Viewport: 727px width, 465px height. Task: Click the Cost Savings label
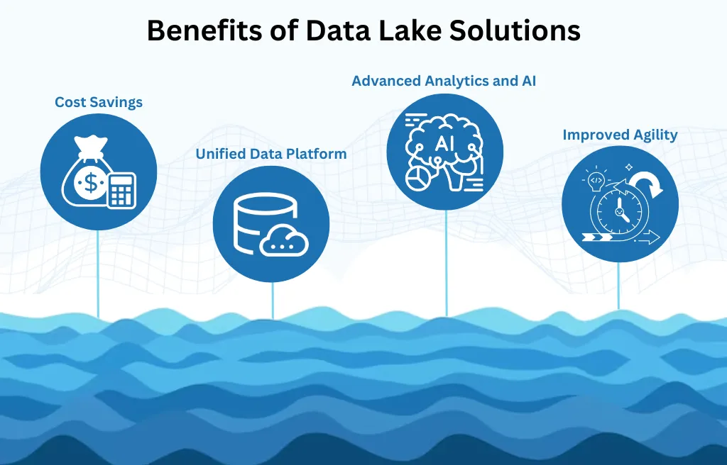(x=99, y=102)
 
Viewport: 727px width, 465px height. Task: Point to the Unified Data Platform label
(x=271, y=153)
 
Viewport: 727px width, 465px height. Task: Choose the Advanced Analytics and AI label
(x=444, y=81)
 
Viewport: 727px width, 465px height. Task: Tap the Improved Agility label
(x=620, y=135)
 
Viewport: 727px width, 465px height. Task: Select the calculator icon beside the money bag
(x=121, y=189)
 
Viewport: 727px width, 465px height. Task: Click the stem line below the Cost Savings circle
(x=98, y=273)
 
